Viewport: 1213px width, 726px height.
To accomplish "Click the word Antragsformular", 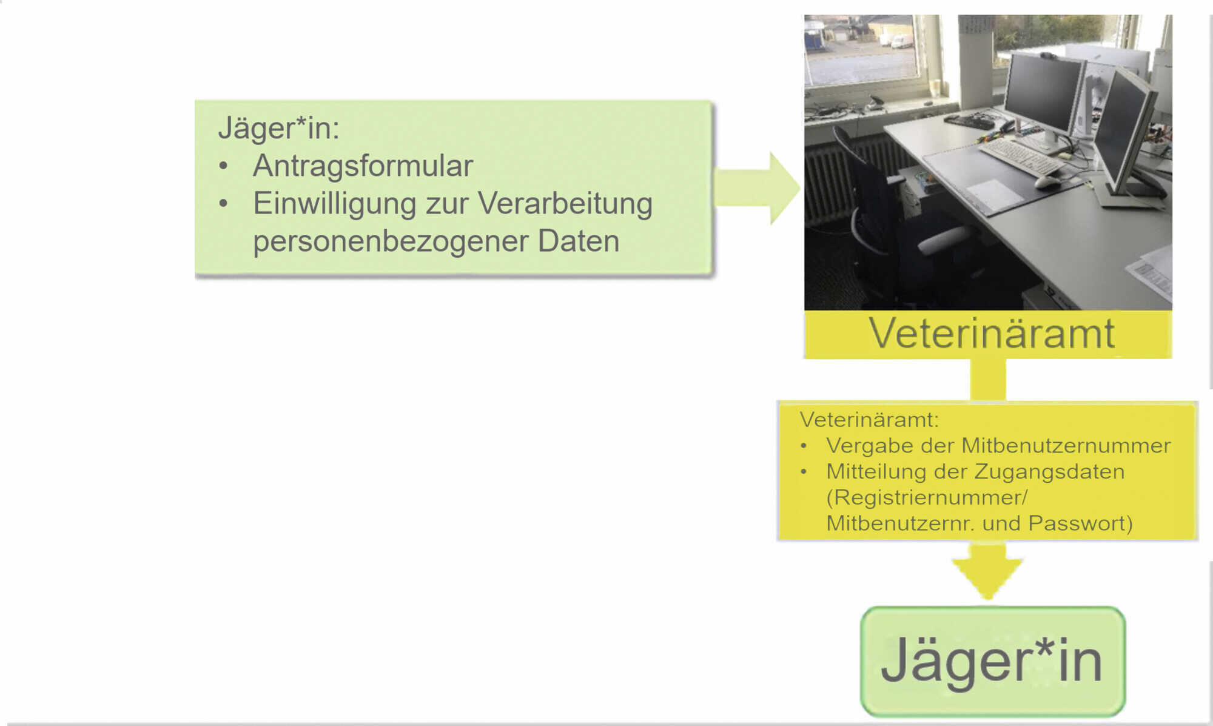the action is click(363, 166).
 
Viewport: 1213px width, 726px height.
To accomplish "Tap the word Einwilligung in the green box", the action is click(334, 204).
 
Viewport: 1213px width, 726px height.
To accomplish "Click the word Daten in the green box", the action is click(579, 241).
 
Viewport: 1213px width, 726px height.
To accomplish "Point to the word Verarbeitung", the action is click(565, 204).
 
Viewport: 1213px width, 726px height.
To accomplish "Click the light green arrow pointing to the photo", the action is click(758, 188).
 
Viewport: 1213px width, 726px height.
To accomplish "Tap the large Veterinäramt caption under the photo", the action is click(991, 333).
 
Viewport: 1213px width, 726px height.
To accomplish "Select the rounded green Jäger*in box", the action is click(993, 661).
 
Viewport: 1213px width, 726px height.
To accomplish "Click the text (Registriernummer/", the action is click(927, 498).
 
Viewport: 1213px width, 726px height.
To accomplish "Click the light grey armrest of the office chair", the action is click(943, 238).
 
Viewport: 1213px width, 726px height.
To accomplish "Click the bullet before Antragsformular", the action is click(224, 166).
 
